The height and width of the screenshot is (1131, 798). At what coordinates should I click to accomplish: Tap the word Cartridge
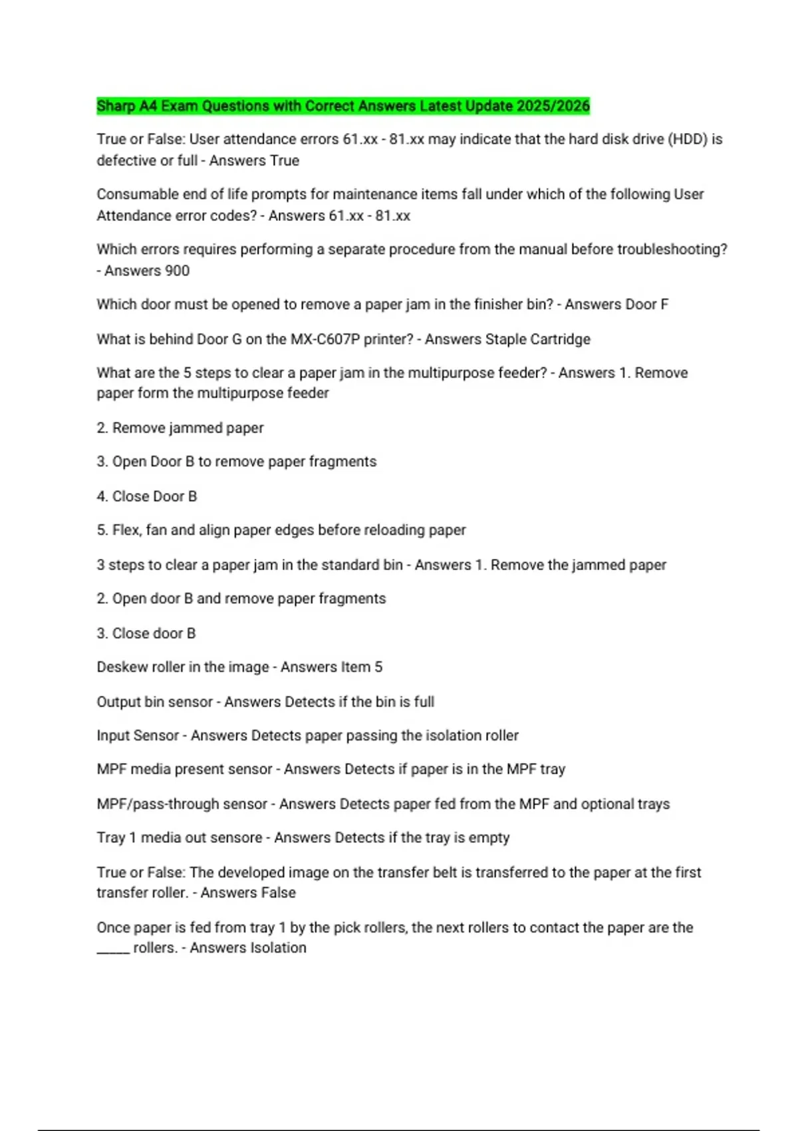pyautogui.click(x=560, y=339)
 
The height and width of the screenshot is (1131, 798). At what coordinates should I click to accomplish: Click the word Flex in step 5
pyautogui.click(x=126, y=530)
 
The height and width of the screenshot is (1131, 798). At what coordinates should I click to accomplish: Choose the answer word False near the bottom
pyautogui.click(x=277, y=893)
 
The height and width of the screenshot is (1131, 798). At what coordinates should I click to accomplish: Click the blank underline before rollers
pyautogui.click(x=112, y=949)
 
